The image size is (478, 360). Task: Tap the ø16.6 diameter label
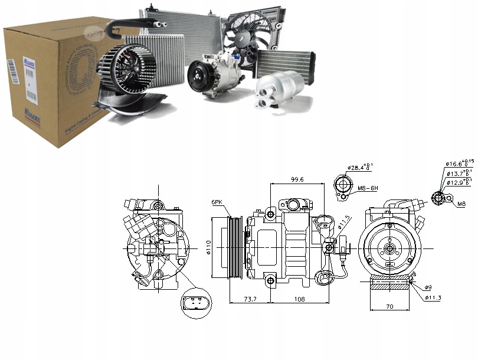coord(457,163)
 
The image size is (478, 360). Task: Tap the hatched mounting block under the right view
coord(389,286)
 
